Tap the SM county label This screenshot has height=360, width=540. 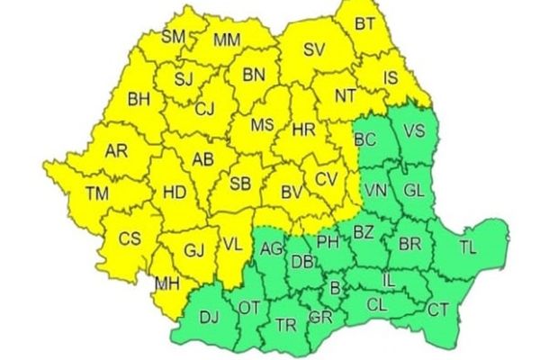174,37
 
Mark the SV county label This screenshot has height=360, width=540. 313,50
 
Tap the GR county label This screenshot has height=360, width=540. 319,319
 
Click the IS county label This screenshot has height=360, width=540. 389,79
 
